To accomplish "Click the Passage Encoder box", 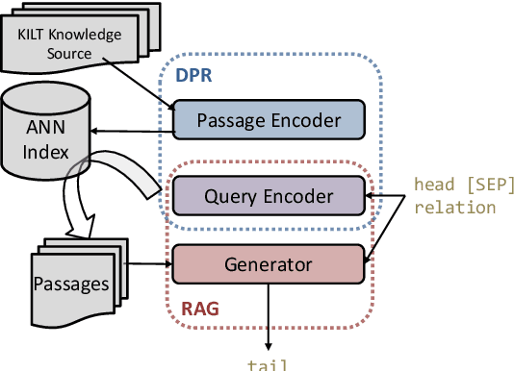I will coord(269,120).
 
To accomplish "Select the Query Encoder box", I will coord(269,196).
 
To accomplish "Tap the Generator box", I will coord(269,262).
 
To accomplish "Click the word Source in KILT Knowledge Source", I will coord(71,54).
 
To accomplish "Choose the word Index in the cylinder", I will coord(45,151).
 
